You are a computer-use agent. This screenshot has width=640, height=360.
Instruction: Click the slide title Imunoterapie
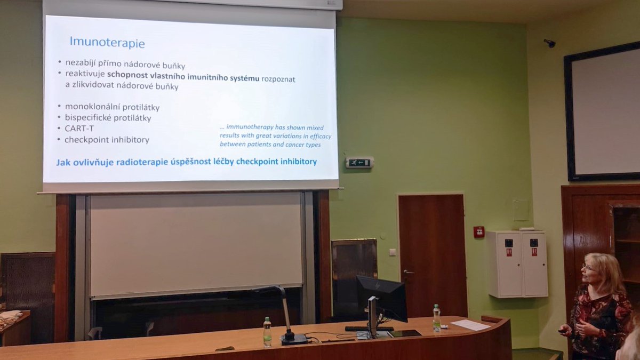tap(107, 42)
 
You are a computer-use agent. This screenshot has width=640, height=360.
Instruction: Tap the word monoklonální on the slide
tap(88, 107)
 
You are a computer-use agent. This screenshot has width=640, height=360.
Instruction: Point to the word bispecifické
tap(85, 118)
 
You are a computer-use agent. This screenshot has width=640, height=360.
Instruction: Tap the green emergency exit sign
tap(359, 163)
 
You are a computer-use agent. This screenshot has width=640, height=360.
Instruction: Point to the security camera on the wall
tap(549, 43)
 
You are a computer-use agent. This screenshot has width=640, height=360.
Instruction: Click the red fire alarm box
tap(478, 232)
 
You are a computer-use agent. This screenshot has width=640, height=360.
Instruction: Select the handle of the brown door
tap(408, 273)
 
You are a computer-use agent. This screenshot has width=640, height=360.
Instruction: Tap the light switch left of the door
tap(392, 252)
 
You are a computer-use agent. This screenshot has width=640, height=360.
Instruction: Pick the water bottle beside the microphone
tap(267, 331)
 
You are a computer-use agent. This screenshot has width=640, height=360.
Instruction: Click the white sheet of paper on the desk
tap(470, 324)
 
